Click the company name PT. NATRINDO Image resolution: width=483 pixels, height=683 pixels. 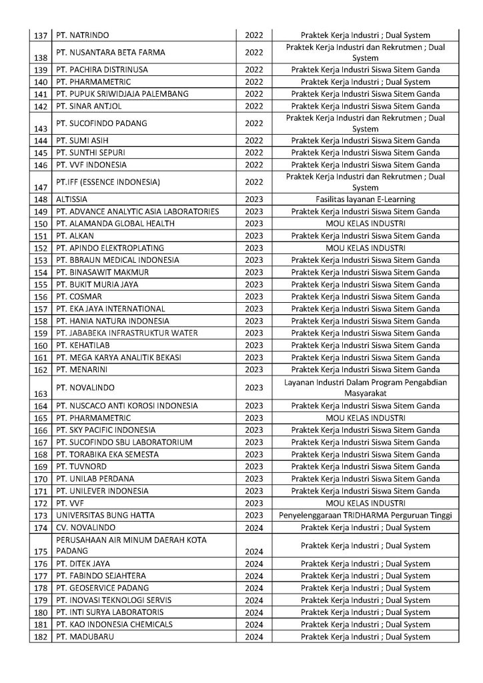[x=83, y=35]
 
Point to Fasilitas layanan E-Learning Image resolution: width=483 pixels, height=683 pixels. [x=365, y=199]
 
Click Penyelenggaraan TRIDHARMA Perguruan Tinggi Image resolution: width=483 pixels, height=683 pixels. [x=365, y=516]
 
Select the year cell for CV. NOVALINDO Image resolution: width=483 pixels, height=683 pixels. [x=254, y=528]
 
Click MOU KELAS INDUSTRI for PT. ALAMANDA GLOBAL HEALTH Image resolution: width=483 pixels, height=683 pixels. [x=365, y=223]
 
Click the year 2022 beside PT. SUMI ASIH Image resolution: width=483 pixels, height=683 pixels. [x=254, y=141]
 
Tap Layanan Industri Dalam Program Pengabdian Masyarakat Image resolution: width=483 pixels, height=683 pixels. [x=365, y=387]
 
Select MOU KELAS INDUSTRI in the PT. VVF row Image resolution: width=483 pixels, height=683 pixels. [x=365, y=504]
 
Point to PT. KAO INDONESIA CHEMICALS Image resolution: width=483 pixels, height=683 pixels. [x=115, y=625]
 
